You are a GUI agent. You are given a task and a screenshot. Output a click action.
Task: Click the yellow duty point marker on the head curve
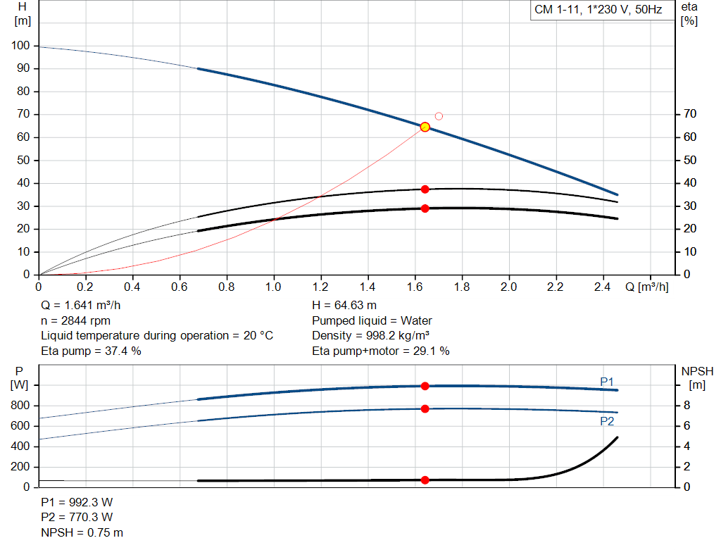click(425, 127)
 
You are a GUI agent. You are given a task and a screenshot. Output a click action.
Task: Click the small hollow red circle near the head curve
click(439, 116)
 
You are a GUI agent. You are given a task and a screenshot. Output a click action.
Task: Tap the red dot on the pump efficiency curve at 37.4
click(425, 189)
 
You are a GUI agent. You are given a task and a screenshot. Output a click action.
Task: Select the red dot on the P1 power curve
click(425, 386)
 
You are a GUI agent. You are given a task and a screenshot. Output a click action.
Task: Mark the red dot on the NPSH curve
click(425, 480)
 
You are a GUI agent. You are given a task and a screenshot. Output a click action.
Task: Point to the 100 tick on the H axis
click(20, 46)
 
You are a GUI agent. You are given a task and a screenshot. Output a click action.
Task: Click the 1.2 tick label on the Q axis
click(320, 287)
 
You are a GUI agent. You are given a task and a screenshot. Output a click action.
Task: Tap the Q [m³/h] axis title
click(646, 287)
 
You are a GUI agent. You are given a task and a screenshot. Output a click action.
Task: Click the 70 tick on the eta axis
click(689, 114)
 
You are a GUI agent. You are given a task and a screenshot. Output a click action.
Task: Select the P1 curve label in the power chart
click(607, 382)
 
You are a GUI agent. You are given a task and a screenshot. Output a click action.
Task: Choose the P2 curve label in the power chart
click(607, 421)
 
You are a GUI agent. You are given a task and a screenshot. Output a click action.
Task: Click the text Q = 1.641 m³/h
click(85, 305)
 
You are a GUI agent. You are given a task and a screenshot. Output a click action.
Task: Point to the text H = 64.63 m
click(344, 305)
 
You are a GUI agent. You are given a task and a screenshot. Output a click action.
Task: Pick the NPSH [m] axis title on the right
click(697, 377)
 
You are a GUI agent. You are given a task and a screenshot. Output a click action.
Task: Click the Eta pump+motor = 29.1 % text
click(380, 351)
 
